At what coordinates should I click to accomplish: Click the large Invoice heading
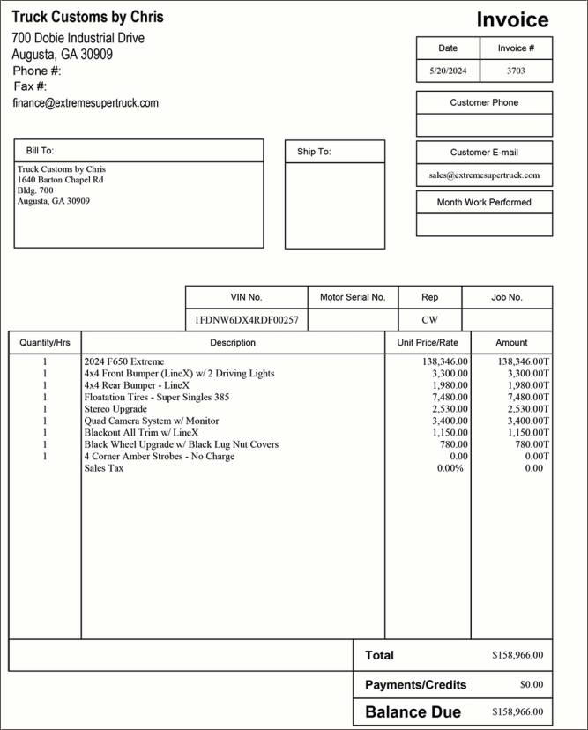(x=512, y=20)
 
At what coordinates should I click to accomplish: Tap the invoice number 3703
(x=517, y=71)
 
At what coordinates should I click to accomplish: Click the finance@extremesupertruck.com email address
(x=86, y=103)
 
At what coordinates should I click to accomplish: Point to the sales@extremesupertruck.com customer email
(x=484, y=175)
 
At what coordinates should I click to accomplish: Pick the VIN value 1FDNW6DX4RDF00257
(x=247, y=320)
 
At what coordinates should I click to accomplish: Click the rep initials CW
(x=429, y=320)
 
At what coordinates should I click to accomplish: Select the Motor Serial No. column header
(x=353, y=297)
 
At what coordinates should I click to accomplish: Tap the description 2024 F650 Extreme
(x=123, y=361)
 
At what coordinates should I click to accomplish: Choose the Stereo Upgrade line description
(x=115, y=409)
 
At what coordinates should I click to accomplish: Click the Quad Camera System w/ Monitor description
(x=152, y=421)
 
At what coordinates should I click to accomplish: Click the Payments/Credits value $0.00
(x=532, y=684)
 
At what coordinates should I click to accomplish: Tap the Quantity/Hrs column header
(x=45, y=342)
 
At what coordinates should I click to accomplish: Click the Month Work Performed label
(x=484, y=202)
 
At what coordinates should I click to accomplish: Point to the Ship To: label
(x=314, y=152)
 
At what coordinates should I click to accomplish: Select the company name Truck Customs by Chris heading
(x=87, y=17)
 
